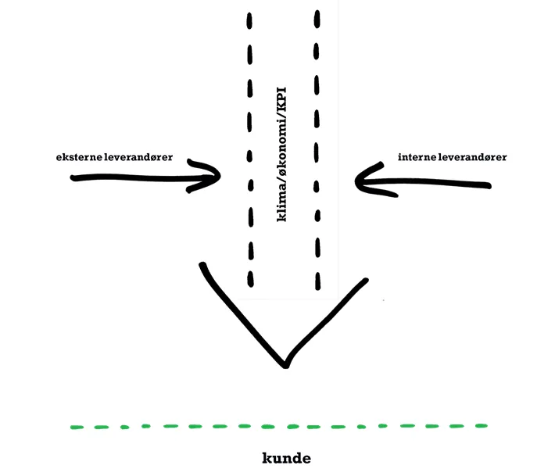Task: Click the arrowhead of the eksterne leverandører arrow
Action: tap(219, 177)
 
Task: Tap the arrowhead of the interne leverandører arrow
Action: tap(359, 181)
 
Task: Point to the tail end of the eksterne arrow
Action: tap(73, 178)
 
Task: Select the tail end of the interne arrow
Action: tap(488, 185)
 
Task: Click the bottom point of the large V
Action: tap(285, 365)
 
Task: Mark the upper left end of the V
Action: tap(203, 266)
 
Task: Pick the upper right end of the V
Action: tap(364, 280)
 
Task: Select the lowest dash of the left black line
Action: tap(251, 278)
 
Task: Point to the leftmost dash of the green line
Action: tap(77, 427)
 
